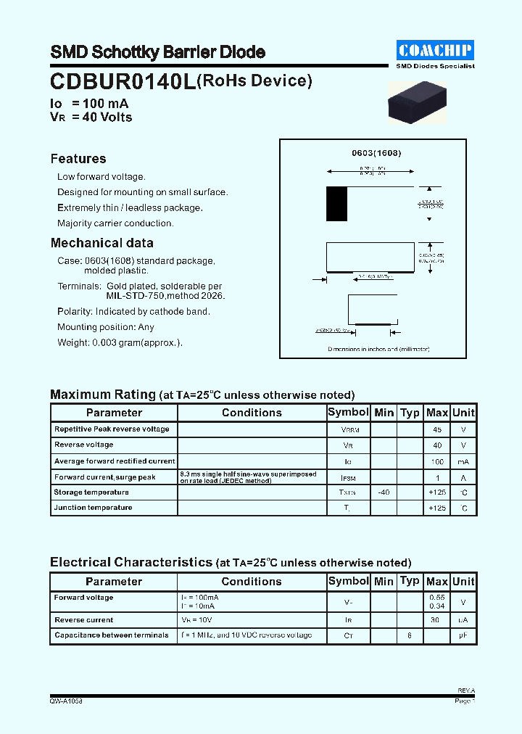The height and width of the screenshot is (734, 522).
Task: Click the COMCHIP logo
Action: point(435,50)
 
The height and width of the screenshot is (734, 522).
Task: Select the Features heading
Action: point(78,159)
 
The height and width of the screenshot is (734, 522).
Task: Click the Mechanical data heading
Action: point(101,243)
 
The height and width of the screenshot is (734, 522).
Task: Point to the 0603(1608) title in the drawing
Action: point(376,153)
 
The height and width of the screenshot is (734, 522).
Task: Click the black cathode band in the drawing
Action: point(336,204)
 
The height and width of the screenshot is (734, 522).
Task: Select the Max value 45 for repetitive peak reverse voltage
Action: point(436,429)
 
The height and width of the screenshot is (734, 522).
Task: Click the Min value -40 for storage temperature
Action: point(384,492)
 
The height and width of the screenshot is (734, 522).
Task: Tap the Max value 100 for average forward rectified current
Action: point(436,461)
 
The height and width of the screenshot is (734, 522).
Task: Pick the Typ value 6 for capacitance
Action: point(410,635)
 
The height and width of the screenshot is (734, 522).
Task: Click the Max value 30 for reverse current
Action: point(436,620)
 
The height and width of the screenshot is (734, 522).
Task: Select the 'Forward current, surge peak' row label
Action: point(105,477)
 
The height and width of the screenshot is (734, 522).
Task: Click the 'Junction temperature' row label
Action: point(93,508)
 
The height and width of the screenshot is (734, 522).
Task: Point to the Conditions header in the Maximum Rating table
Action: point(252,413)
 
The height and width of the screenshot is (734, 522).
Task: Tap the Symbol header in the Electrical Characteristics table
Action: point(348,581)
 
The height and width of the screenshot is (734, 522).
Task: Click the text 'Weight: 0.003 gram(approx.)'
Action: point(120,342)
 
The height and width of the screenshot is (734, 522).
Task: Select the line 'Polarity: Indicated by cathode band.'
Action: point(133,311)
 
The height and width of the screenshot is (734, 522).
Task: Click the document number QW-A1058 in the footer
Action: point(66,701)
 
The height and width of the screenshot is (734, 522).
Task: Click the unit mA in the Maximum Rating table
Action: point(463,461)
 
